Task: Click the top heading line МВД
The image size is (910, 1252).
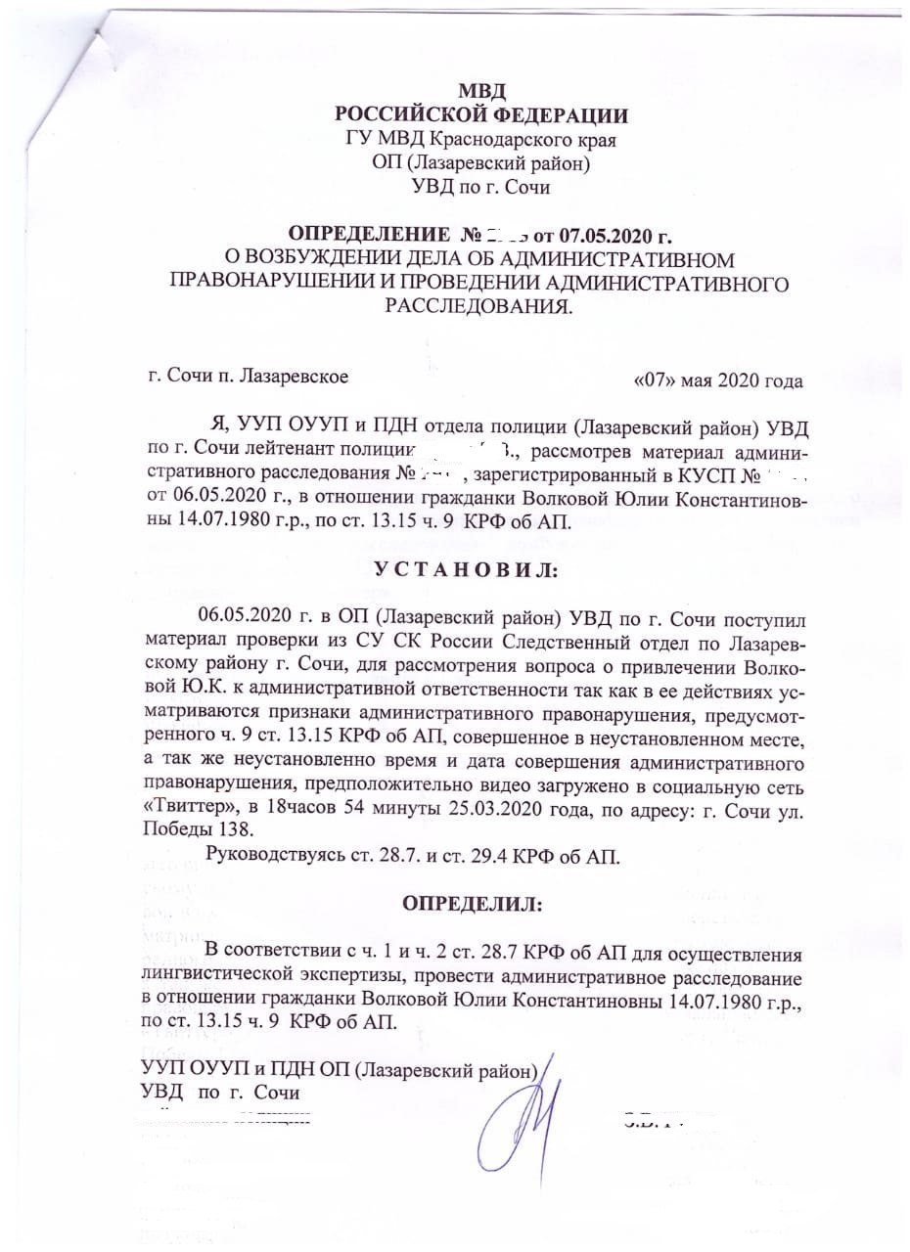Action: tap(481, 91)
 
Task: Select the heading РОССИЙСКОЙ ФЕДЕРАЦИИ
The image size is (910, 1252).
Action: tap(481, 115)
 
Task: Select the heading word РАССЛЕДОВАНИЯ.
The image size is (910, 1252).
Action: tap(479, 307)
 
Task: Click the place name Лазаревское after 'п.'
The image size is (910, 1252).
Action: tap(292, 375)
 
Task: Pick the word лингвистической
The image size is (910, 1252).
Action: tap(226, 976)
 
